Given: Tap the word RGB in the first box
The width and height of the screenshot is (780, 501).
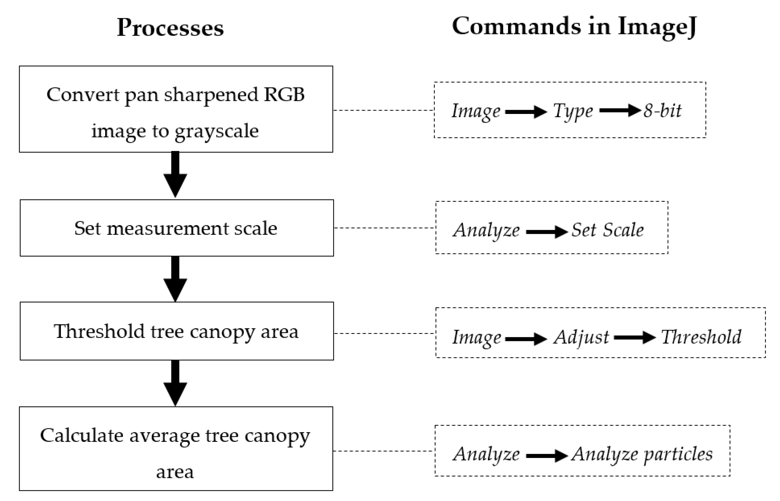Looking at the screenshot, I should click(x=284, y=95).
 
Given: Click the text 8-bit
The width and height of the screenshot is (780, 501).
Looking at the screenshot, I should click(x=662, y=111).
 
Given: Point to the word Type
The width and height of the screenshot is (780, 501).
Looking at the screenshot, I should click(x=573, y=111).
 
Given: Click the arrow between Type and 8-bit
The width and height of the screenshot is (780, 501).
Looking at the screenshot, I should click(x=620, y=110).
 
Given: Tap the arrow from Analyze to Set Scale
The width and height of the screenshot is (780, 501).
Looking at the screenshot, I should click(x=547, y=232).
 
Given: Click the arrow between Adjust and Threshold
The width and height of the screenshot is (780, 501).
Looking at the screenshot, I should click(x=635, y=338).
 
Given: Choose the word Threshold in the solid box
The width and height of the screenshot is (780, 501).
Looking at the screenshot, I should click(x=99, y=331).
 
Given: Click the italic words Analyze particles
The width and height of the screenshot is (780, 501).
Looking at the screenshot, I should click(x=642, y=454).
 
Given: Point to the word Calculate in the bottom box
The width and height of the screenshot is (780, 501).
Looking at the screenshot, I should click(x=81, y=435).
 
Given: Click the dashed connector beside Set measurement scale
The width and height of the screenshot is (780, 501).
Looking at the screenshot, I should click(x=384, y=228).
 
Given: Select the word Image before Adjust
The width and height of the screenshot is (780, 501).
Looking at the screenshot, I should click(x=476, y=337).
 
